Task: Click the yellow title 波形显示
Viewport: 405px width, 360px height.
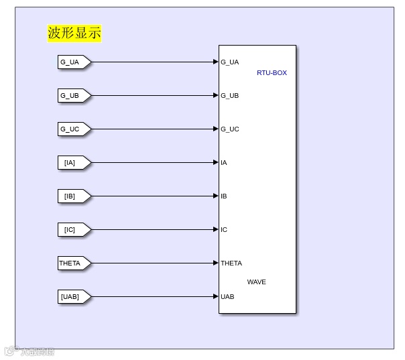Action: [x=74, y=33]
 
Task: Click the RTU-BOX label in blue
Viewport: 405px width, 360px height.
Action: [x=272, y=72]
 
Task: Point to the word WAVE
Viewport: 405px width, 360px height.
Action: [x=256, y=282]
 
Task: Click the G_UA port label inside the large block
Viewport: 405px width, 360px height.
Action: [x=230, y=62]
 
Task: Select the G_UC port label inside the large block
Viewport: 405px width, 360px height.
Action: [x=230, y=129]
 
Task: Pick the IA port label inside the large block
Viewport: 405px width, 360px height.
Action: [x=224, y=163]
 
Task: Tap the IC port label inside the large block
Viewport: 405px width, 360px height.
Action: [x=224, y=230]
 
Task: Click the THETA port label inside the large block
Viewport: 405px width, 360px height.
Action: [x=231, y=263]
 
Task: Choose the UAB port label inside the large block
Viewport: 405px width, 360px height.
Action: [x=227, y=297]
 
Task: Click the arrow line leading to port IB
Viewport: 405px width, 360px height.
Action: [x=154, y=196]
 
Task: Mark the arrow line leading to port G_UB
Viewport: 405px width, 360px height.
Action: [x=154, y=96]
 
